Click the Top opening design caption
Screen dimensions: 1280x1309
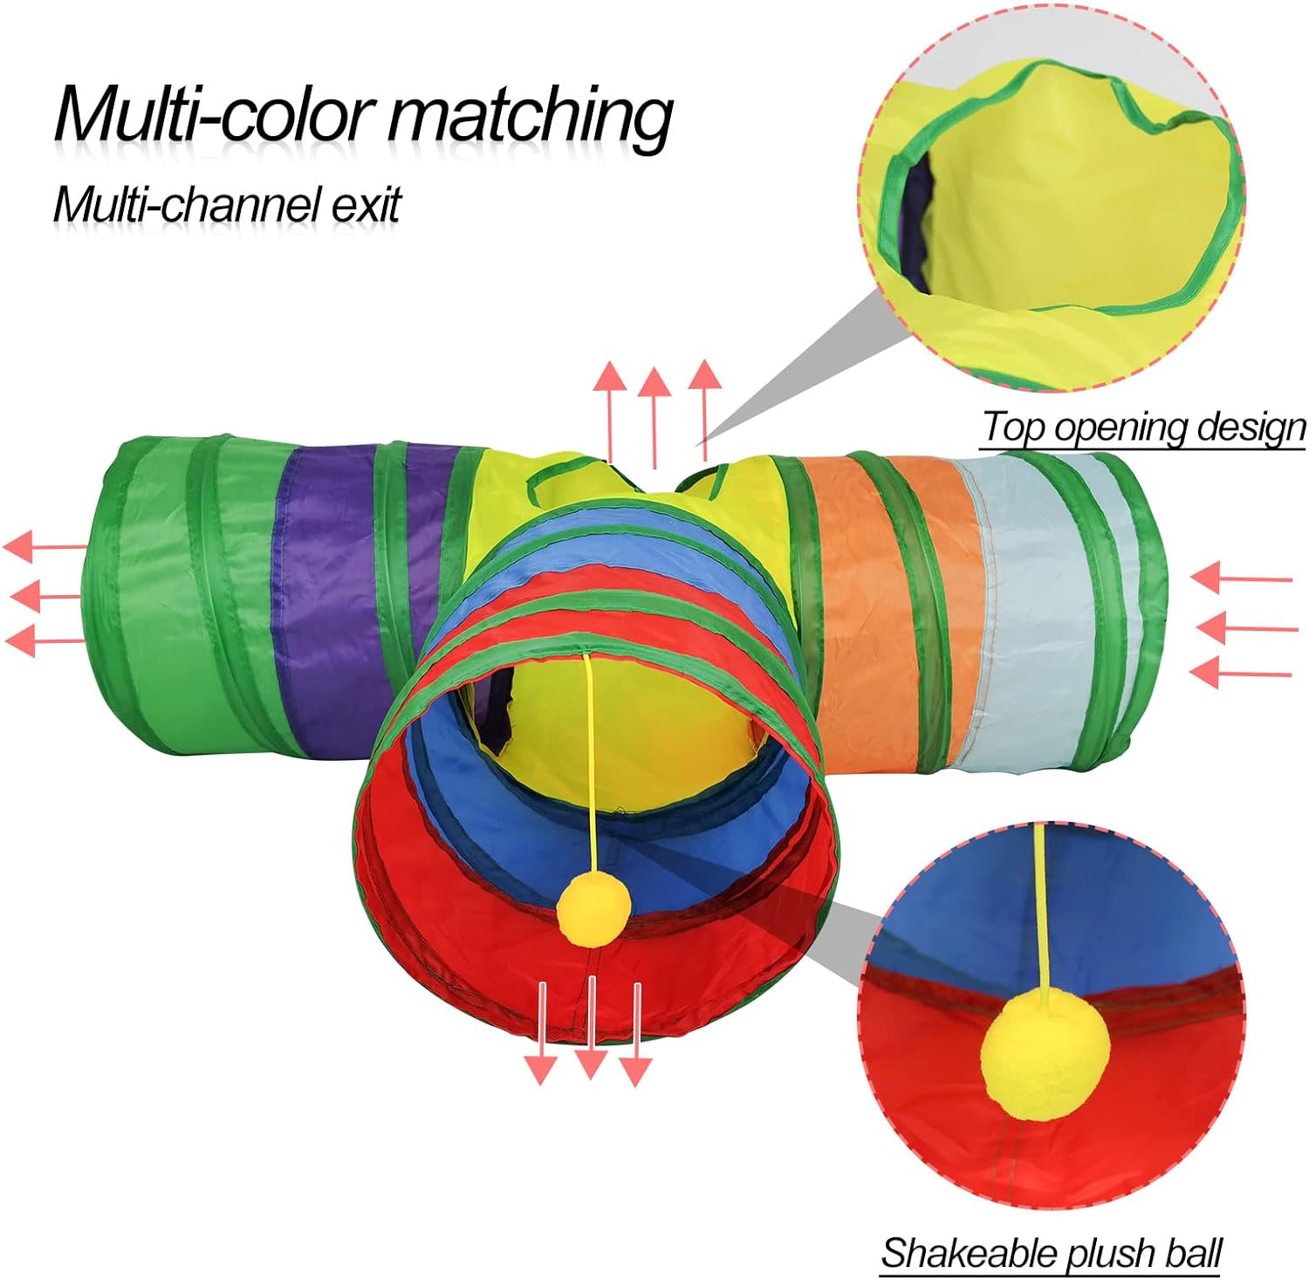[x=1144, y=428]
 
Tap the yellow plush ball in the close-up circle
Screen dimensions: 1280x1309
[x=1045, y=1057]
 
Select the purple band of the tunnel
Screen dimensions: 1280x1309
[x=323, y=602]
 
